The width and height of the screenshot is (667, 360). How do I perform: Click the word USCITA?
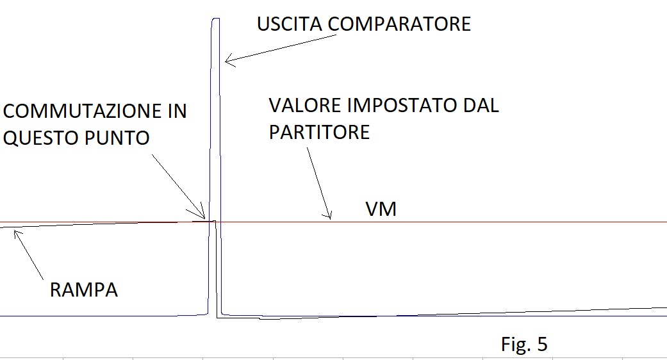[289, 24]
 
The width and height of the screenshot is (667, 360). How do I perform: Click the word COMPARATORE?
[399, 24]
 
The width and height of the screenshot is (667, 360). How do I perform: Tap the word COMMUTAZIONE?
[82, 111]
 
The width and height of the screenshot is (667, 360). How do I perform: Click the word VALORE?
[306, 106]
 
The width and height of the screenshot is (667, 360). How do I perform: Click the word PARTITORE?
[319, 132]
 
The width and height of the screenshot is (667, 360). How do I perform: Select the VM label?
[381, 209]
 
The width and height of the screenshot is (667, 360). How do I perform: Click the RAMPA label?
[84, 290]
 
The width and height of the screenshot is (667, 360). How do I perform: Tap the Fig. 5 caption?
[524, 344]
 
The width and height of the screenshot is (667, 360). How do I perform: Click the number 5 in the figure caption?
[542, 344]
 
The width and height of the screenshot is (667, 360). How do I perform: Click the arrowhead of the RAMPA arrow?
[15, 231]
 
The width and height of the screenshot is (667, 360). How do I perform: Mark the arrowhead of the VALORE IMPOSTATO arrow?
[330, 218]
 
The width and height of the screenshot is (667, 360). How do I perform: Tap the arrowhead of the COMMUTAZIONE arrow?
[204, 218]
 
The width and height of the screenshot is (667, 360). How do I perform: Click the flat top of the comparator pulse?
[216, 19]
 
